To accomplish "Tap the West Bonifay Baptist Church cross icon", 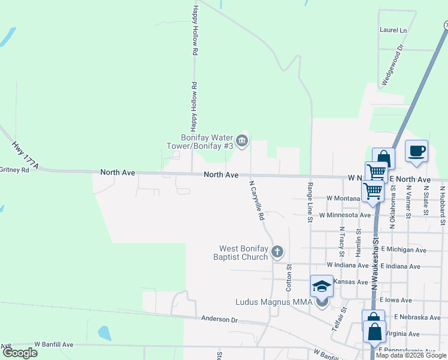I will point(277,251).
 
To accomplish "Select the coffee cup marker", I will point(416,151).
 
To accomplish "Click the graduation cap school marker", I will point(322,286).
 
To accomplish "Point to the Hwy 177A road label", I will point(25,155).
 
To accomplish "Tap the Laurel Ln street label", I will point(393,30).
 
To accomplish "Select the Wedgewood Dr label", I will point(393,65).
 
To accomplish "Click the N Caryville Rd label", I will point(256,200).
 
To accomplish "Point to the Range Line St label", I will point(310,202).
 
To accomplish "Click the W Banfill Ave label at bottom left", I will point(53,344).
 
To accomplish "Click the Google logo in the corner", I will point(20,353).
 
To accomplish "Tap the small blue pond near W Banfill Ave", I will point(104,333).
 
